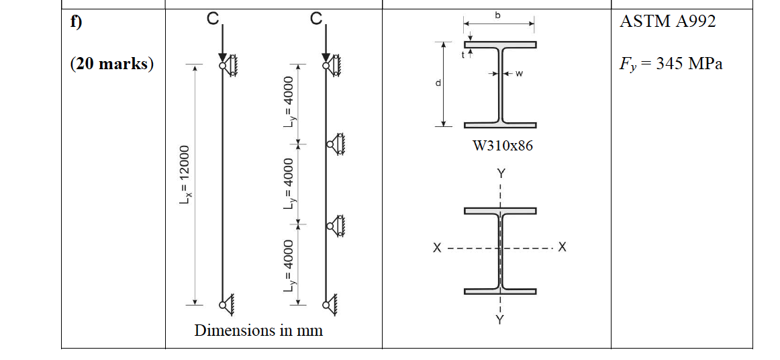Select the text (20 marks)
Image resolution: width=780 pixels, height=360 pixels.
click(111, 64)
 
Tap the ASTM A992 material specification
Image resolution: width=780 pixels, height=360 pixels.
click(667, 21)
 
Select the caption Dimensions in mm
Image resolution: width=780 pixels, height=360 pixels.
click(258, 330)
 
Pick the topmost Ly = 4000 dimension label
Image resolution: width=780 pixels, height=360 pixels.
click(289, 104)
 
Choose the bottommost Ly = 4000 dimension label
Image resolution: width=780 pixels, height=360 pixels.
click(289, 266)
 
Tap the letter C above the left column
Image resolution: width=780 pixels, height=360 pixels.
click(212, 20)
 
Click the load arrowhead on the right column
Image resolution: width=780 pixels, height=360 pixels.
click(326, 56)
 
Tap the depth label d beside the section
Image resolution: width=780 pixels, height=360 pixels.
click(438, 83)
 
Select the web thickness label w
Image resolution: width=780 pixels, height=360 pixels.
click(519, 74)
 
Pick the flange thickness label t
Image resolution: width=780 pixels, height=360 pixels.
click(462, 56)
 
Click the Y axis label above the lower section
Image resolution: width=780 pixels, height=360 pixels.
click(500, 173)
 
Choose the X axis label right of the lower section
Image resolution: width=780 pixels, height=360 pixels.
click(562, 248)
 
